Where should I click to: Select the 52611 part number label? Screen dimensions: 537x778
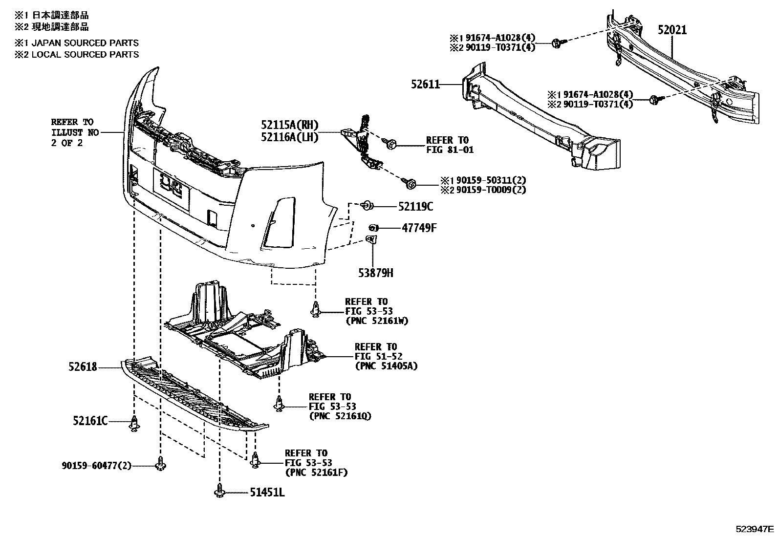point(425,85)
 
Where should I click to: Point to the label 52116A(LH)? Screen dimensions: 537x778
point(289,138)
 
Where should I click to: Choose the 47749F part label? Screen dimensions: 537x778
point(419,228)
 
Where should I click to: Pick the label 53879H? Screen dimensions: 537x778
point(376,273)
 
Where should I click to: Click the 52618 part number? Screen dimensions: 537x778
point(83,366)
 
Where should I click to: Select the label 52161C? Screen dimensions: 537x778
point(90,420)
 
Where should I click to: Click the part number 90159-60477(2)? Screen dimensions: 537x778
point(97,466)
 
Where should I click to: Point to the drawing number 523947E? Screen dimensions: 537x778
point(756,529)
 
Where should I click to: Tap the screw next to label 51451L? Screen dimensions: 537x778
point(219,491)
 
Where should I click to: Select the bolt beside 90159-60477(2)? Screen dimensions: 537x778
point(160,464)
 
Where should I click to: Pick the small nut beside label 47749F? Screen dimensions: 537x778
point(373,227)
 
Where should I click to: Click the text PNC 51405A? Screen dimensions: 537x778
point(386,365)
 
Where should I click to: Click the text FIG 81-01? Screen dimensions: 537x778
point(450,150)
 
